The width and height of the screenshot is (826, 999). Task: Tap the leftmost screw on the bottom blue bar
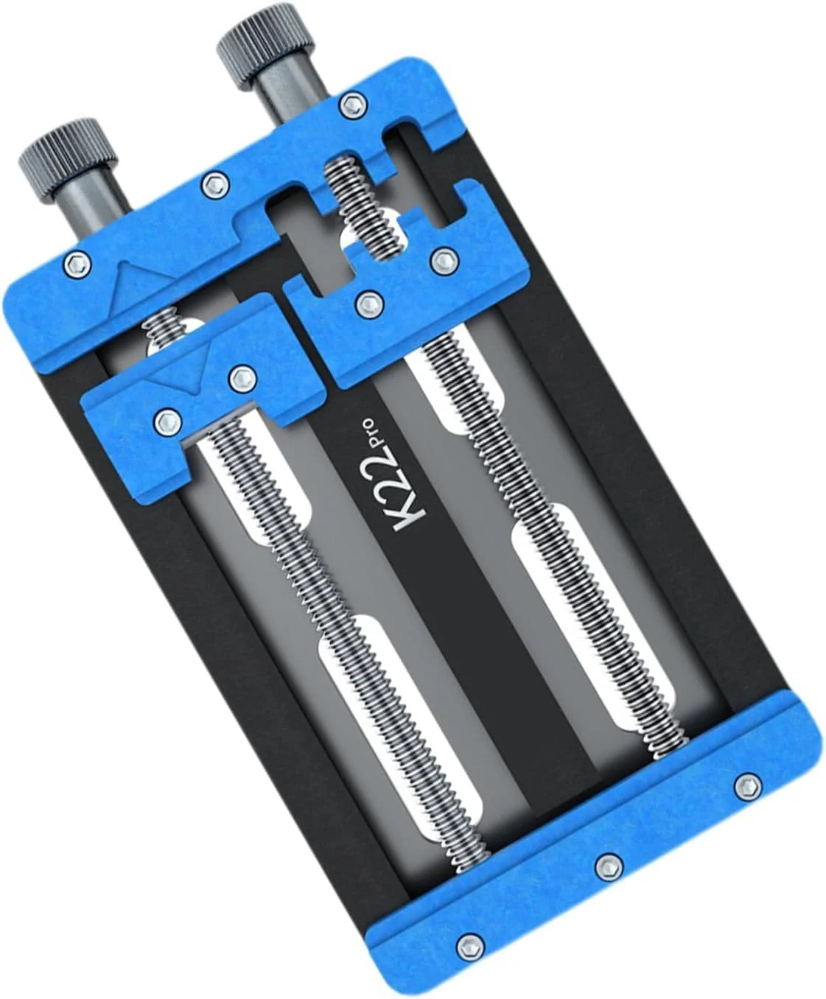[x=469, y=944]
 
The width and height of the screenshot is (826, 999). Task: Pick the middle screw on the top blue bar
[x=214, y=183]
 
